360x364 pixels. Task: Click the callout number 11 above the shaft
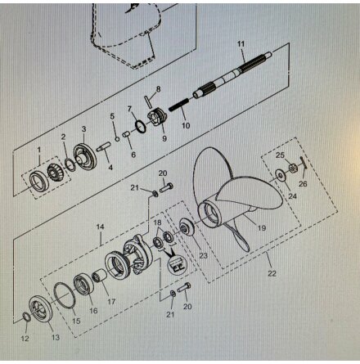tap(241, 43)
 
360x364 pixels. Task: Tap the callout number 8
tap(158, 89)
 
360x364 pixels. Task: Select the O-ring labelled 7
tap(142, 127)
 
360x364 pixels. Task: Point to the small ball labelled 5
tap(117, 139)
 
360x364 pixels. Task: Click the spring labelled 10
tap(178, 105)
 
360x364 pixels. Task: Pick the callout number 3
tap(83, 129)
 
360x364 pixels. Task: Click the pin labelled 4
tap(103, 146)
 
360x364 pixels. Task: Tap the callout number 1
tap(39, 150)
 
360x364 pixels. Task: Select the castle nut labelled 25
tap(294, 168)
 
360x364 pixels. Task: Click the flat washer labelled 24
tap(280, 174)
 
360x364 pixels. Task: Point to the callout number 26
tap(303, 184)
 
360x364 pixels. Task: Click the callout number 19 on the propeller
tap(262, 227)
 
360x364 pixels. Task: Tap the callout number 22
tap(272, 273)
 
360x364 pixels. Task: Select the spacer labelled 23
tap(187, 227)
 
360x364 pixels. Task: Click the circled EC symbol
tap(178, 264)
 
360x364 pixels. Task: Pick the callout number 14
tap(100, 227)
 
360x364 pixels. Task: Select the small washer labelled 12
tap(26, 317)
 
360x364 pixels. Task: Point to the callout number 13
tap(56, 337)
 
